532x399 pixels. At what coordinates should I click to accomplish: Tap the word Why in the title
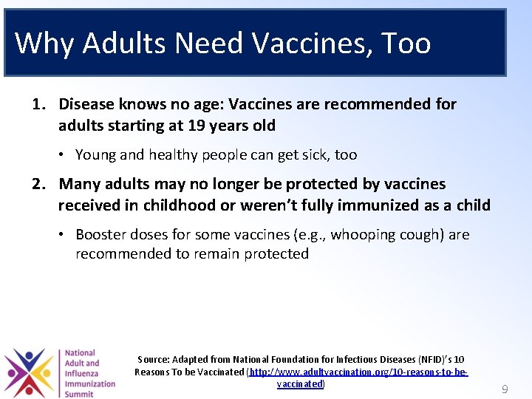tap(44, 44)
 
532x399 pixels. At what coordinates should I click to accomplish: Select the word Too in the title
tap(406, 44)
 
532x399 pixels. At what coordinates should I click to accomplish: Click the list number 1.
tap(38, 104)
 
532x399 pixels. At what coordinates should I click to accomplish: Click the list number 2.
tap(38, 184)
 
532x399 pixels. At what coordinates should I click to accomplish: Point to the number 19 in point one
tap(197, 126)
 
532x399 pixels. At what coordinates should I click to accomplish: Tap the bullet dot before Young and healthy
tap(64, 155)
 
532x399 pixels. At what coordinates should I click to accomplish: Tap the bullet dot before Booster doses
tap(64, 235)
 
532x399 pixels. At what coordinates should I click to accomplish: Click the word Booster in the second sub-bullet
tap(100, 235)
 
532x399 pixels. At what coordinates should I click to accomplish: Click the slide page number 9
tap(505, 389)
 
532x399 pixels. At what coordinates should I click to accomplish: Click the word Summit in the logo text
tap(79, 394)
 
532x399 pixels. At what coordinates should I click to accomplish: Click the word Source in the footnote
tap(153, 360)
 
